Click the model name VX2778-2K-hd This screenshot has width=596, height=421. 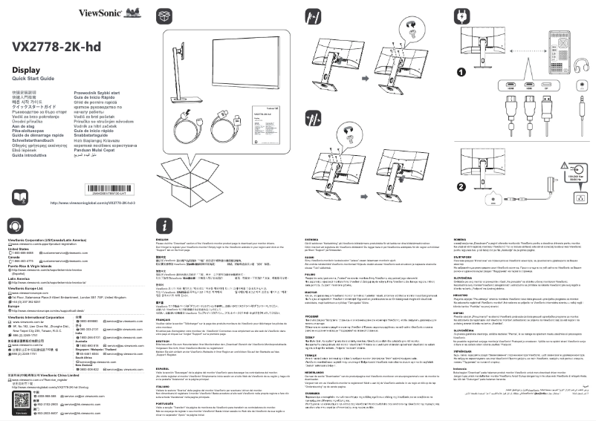point(56,46)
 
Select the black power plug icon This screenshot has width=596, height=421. point(463,14)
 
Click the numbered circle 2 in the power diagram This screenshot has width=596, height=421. point(461,186)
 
